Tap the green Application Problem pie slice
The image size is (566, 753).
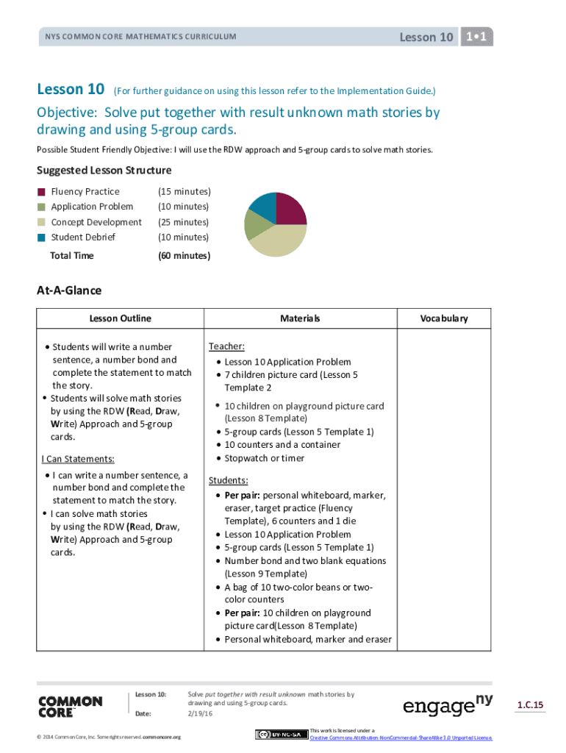[255, 224]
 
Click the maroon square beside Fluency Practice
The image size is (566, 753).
[42, 192]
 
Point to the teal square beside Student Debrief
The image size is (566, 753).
[42, 237]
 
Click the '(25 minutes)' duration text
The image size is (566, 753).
[183, 222]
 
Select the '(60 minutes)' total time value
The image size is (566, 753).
[184, 256]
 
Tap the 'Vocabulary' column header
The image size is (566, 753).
[444, 318]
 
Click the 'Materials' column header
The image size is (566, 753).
[300, 318]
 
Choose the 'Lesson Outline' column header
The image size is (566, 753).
[121, 318]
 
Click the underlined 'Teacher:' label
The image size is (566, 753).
[226, 346]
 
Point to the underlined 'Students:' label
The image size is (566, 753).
[228, 480]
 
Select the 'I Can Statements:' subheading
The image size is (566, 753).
[78, 459]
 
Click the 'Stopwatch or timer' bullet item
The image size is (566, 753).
[264, 458]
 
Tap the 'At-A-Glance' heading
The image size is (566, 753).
[69, 291]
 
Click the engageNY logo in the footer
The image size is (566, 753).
[448, 705]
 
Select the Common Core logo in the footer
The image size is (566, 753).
[70, 706]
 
